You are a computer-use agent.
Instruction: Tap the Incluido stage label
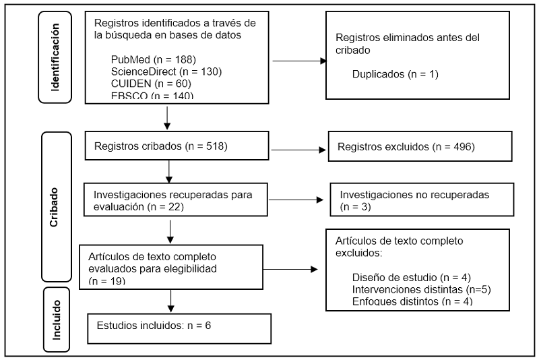click(57, 319)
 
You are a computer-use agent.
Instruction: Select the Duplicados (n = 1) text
click(395, 73)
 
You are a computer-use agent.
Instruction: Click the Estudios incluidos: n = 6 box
click(179, 328)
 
